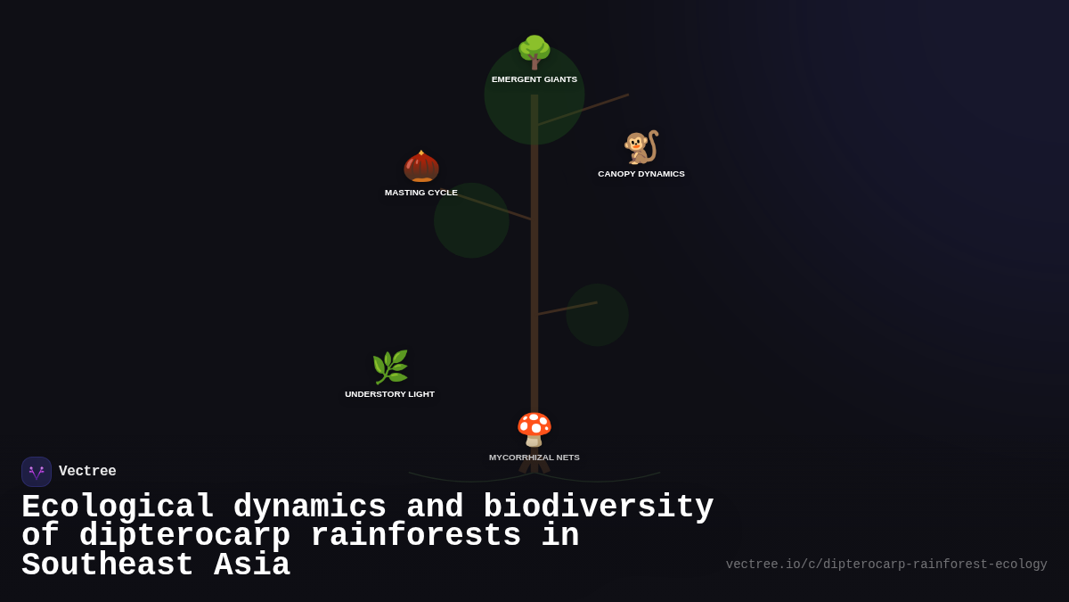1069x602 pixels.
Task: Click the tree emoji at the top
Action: (534, 52)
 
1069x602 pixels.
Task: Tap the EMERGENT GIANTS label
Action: (534, 79)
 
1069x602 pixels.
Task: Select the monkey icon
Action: (641, 147)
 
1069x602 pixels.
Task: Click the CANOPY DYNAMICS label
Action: (641, 174)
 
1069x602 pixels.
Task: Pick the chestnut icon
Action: (421, 166)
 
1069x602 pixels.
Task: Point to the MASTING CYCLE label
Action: (421, 193)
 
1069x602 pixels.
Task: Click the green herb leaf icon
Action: (390, 367)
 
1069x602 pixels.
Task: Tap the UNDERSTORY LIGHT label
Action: (390, 394)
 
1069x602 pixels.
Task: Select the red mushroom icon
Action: (534, 429)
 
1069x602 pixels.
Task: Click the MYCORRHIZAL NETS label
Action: (534, 458)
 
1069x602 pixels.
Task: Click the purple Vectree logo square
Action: (37, 472)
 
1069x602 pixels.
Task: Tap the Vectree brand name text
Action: (87, 472)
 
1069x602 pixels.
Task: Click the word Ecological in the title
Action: (118, 507)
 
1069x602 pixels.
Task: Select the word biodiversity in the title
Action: (598, 507)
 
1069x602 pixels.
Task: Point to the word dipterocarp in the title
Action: (184, 536)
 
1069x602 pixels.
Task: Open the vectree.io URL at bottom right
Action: (886, 565)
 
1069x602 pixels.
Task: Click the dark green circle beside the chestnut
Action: (471, 220)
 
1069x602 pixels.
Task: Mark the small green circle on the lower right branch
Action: (597, 315)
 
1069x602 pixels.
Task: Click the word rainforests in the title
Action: (415, 536)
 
